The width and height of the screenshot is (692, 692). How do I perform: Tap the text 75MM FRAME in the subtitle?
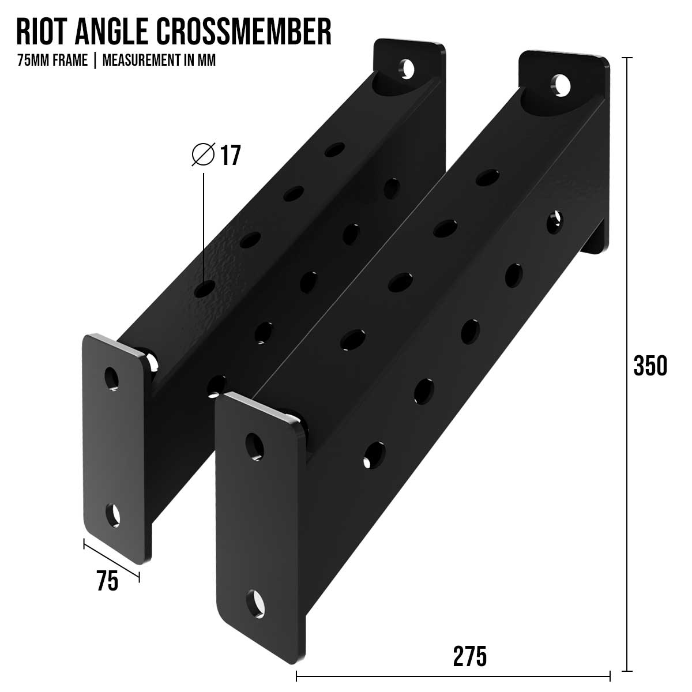(52, 61)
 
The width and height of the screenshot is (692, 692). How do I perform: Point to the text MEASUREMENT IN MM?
(159, 61)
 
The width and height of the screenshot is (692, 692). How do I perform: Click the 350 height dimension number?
(650, 366)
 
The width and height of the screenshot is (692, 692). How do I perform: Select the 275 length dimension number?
(469, 656)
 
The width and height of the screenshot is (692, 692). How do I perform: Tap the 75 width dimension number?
(107, 581)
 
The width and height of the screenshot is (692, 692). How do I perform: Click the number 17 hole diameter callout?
(230, 156)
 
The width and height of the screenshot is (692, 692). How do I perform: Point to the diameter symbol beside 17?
(203, 155)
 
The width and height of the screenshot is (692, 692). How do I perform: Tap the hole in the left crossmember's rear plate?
(408, 69)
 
